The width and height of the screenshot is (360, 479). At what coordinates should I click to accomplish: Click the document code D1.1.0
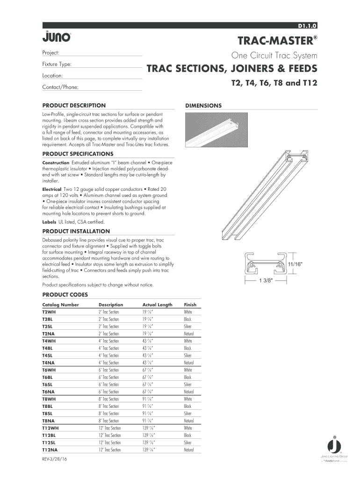[x=307, y=25]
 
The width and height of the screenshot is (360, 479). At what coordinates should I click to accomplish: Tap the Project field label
[x=50, y=53]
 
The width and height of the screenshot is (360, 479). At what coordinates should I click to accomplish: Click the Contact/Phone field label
[x=60, y=87]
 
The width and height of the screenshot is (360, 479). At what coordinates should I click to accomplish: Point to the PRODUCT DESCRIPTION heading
[x=74, y=105]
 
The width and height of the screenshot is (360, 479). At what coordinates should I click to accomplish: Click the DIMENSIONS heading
[x=203, y=105]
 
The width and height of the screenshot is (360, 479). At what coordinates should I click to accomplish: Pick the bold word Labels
[x=49, y=222]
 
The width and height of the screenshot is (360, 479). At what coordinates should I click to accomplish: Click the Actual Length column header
[x=157, y=305]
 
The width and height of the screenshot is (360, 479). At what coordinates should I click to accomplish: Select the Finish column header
[x=190, y=305]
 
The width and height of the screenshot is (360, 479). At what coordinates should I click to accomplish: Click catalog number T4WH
[x=48, y=341]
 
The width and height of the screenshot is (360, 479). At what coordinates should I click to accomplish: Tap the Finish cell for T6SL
[x=188, y=385]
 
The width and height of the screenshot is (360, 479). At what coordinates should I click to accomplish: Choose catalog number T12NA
[x=50, y=450]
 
